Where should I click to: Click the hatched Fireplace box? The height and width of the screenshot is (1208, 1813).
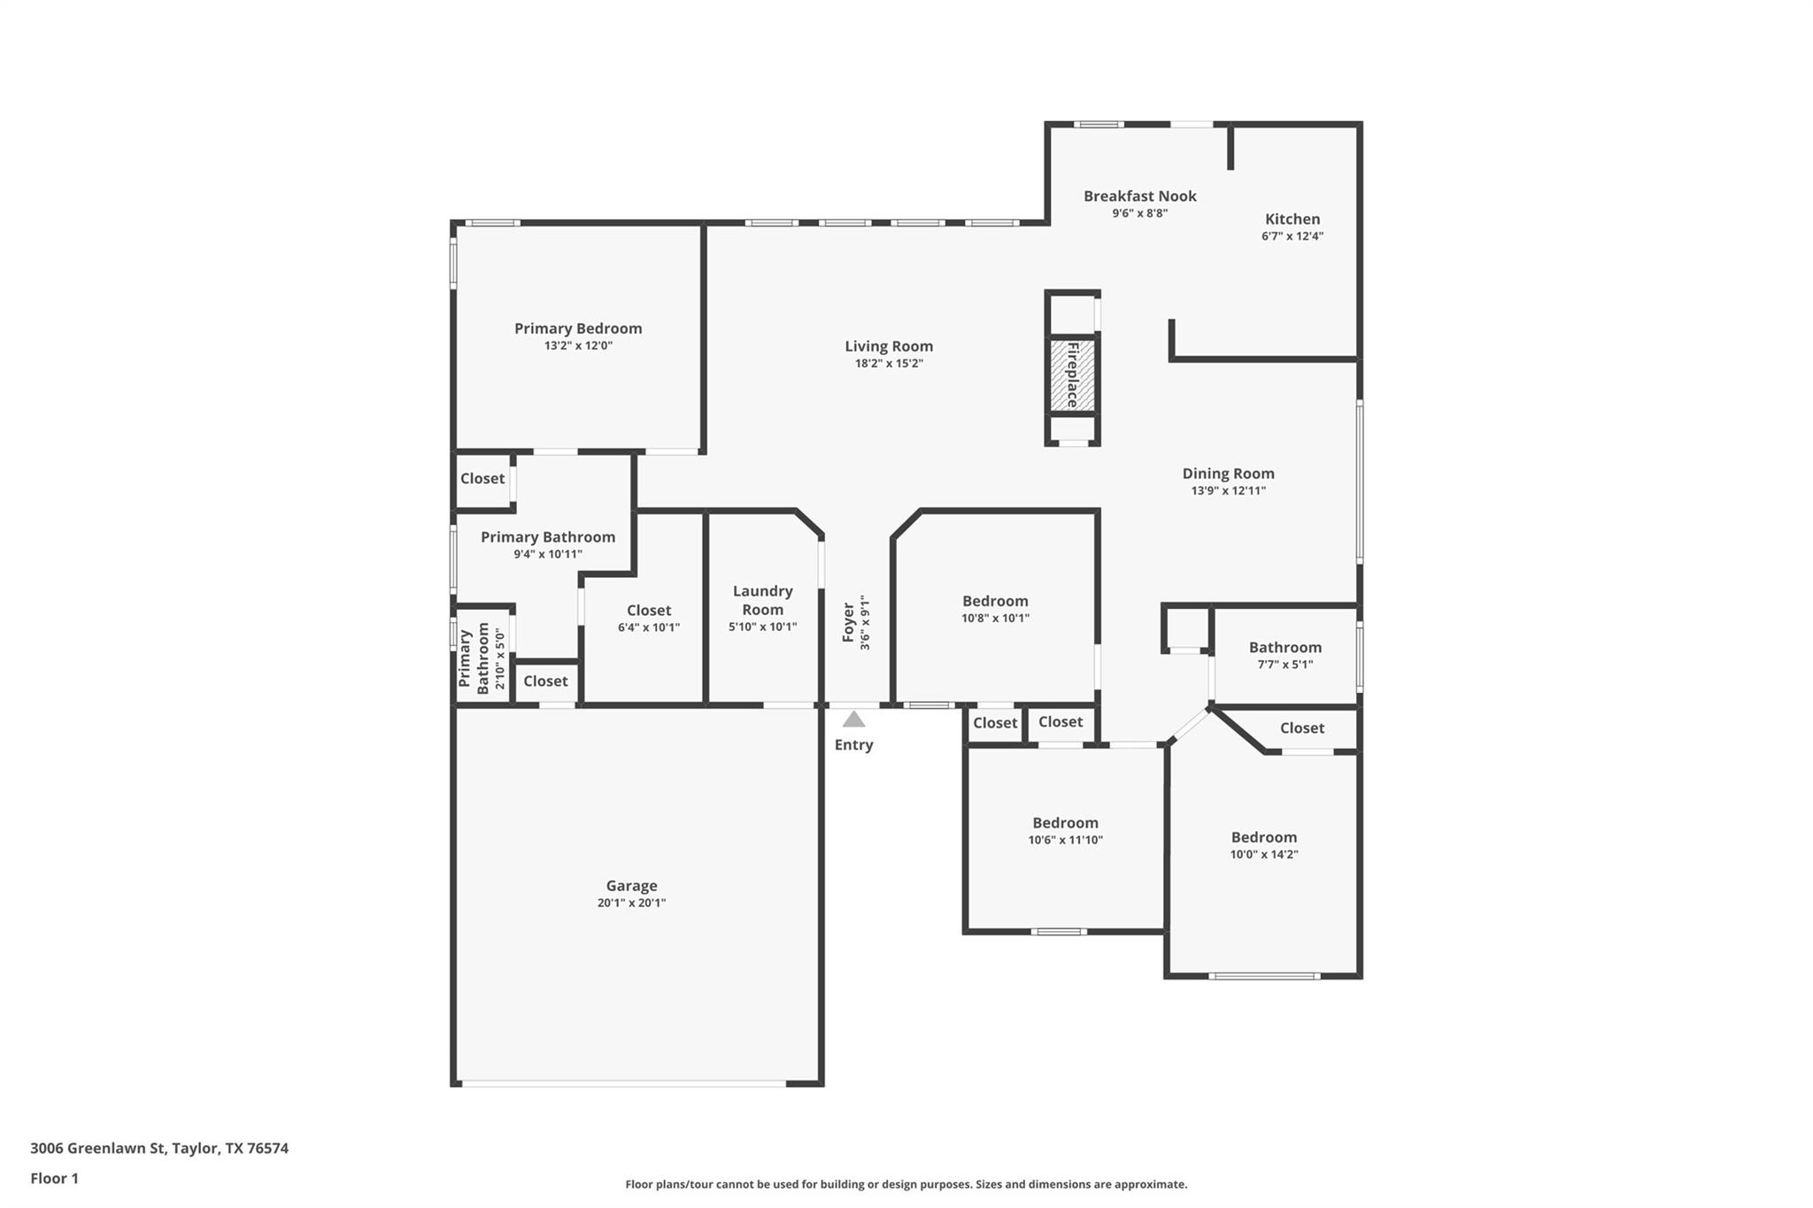coord(1073,375)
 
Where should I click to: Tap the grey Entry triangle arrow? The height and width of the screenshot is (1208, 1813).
coord(853,719)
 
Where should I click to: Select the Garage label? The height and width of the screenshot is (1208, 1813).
coord(631,885)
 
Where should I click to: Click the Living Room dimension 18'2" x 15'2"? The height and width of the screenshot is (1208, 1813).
coord(889,363)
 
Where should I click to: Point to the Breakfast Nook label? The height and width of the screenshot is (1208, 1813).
coord(1139,196)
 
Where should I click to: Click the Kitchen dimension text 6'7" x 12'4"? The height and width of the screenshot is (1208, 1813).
coord(1292,236)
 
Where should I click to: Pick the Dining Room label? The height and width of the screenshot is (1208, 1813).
coord(1228,473)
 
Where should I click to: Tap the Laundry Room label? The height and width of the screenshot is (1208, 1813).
coord(762,599)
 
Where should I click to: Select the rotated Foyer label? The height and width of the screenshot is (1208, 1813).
coord(849,622)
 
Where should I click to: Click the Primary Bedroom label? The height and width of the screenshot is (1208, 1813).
coord(578,328)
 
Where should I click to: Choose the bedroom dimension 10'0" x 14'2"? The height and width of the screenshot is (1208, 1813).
coord(1263,854)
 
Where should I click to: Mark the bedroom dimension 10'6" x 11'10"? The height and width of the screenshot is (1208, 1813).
coord(1065,840)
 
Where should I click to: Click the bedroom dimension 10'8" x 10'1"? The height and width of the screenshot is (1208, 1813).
coord(995,618)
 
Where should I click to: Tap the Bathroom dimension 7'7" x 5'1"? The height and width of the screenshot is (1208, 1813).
coord(1285,664)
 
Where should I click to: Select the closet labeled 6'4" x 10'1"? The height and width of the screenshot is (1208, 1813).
coord(648,627)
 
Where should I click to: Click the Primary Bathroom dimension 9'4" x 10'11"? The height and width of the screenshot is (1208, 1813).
coord(547,554)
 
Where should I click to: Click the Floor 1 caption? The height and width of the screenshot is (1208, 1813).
coord(54,1178)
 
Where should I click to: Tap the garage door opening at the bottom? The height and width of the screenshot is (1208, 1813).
coord(623,1083)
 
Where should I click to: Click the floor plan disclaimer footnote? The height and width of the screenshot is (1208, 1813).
coord(906,1184)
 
